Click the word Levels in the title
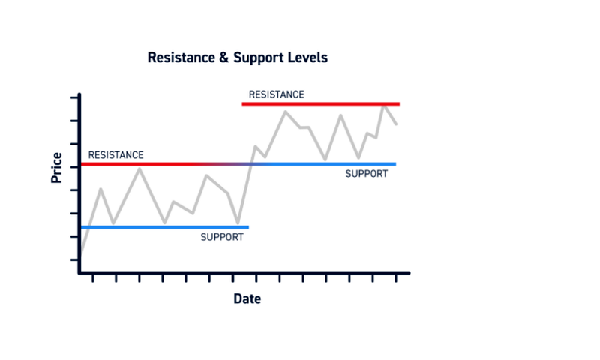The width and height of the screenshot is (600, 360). [x=307, y=58]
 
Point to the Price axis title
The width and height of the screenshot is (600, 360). [x=57, y=168]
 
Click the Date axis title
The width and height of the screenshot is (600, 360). [x=247, y=298]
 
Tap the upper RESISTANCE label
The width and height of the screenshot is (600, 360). [x=276, y=94]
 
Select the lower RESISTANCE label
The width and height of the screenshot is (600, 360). [x=116, y=155]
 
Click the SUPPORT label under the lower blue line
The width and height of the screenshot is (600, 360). [x=222, y=237]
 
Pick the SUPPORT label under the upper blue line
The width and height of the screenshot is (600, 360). [x=367, y=174]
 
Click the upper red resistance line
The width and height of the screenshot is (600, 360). [x=321, y=104]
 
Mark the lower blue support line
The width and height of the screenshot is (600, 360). [x=165, y=228]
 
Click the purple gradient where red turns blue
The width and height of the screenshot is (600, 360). [x=229, y=164]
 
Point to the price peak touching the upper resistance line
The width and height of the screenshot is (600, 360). [x=384, y=106]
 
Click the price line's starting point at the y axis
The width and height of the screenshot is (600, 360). [x=82, y=253]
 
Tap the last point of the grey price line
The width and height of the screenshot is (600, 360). [x=396, y=124]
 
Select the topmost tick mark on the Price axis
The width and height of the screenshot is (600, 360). [x=75, y=98]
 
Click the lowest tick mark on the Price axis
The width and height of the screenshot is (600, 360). [x=75, y=260]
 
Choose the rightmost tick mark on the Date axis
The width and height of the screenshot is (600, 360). [x=396, y=277]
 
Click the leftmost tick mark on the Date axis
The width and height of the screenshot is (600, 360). [x=92, y=277]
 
